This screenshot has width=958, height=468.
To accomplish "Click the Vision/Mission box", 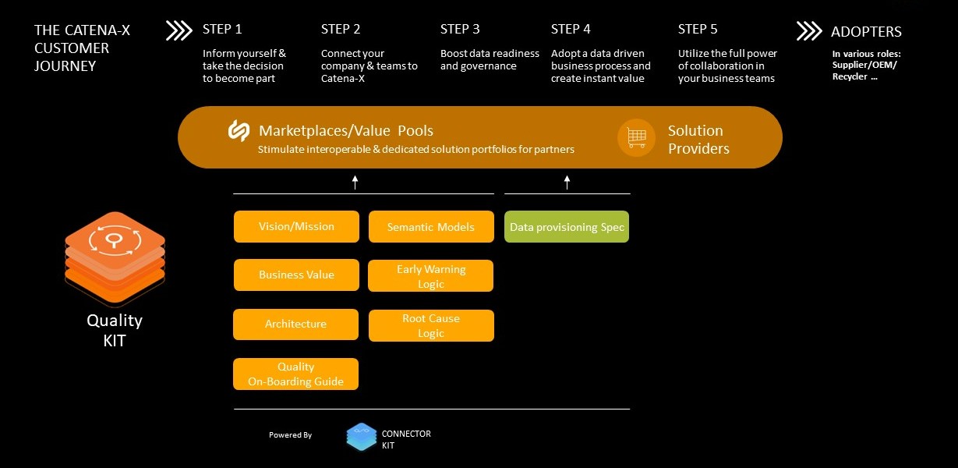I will click(x=296, y=226).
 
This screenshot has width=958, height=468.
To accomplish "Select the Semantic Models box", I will click(x=431, y=227).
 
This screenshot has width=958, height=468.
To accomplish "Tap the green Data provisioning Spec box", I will click(x=567, y=227).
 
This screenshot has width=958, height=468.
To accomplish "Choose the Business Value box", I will click(x=296, y=275).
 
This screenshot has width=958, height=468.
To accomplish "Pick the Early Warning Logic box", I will click(x=431, y=276).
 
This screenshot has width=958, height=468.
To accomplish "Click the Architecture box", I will click(x=295, y=324).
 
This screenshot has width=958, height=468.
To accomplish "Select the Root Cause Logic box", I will click(x=431, y=325).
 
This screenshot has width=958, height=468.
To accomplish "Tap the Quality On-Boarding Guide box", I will click(x=295, y=374).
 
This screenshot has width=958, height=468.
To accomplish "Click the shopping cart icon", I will click(x=636, y=138).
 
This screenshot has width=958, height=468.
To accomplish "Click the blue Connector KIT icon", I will click(x=362, y=438).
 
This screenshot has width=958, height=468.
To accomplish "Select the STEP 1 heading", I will click(x=222, y=29).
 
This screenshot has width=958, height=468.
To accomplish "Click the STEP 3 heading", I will click(x=460, y=29).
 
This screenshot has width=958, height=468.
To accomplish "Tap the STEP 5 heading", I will click(x=698, y=29).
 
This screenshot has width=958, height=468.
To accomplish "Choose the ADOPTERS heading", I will click(x=866, y=32).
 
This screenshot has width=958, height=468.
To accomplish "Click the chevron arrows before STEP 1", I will click(x=179, y=30).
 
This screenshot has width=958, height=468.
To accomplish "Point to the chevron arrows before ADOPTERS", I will click(x=809, y=31).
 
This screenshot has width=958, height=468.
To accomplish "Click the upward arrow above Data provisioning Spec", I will click(x=567, y=183).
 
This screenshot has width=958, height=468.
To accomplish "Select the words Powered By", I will click(x=290, y=435).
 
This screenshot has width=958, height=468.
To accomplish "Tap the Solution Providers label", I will click(x=698, y=139).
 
